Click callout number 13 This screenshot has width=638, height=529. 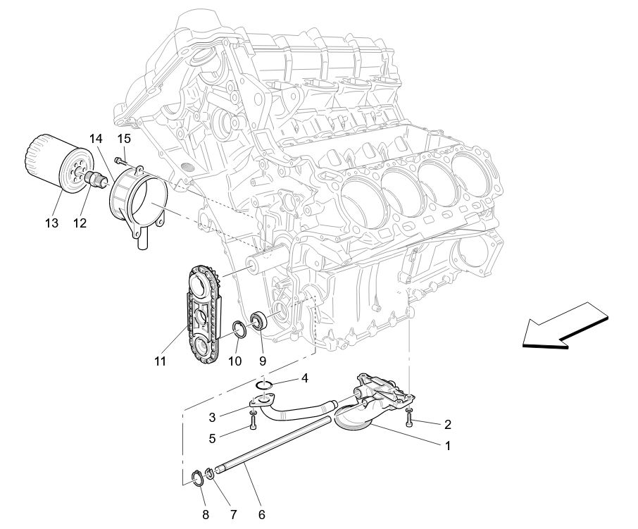(x=51, y=223)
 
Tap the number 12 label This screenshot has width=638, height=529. (x=79, y=223)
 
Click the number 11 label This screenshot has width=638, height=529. (x=161, y=361)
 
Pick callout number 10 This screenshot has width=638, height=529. (x=234, y=361)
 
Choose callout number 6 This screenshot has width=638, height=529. (x=261, y=514)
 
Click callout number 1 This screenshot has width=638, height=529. (x=446, y=445)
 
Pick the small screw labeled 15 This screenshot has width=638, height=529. (x=120, y=161)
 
